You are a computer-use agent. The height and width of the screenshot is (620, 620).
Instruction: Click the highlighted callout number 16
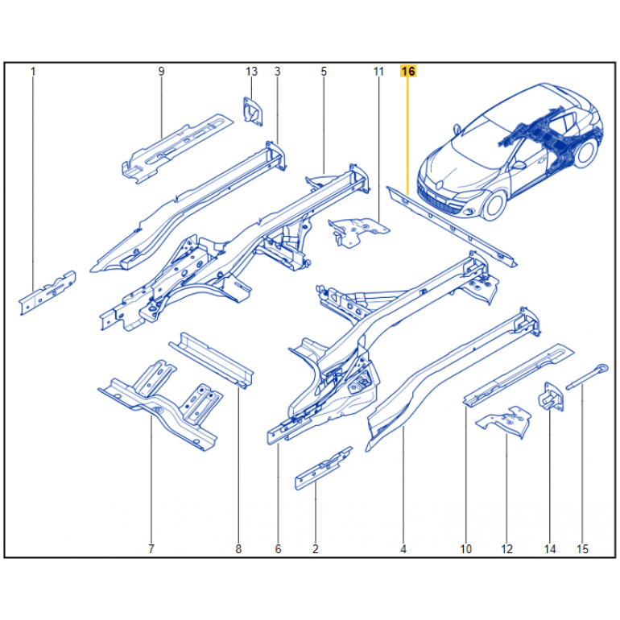click(408, 71)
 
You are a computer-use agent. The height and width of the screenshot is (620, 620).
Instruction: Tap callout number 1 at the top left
click(33, 72)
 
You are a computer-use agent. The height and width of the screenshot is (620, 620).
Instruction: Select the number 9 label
click(161, 72)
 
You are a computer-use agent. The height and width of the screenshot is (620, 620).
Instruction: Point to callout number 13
click(251, 72)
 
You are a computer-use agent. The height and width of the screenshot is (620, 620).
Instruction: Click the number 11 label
click(378, 72)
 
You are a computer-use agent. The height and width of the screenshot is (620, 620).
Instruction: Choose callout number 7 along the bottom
click(151, 549)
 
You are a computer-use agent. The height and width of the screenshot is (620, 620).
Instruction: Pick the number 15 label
click(582, 549)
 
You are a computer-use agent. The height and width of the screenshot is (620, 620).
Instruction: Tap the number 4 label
click(403, 549)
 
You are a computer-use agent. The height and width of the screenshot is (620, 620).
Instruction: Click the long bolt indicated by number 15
click(587, 377)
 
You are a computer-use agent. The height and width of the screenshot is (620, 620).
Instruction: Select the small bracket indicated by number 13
click(253, 111)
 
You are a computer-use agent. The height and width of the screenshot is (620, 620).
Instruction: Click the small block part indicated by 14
click(551, 396)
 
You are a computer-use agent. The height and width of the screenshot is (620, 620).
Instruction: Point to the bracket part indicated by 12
click(504, 421)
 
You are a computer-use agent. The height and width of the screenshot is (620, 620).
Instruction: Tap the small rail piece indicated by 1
click(47, 293)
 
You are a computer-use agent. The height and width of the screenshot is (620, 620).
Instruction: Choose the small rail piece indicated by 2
click(323, 469)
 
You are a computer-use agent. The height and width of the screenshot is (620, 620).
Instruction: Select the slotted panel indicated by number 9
click(177, 149)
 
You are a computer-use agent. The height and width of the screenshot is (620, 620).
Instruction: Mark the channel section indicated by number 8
click(212, 360)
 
